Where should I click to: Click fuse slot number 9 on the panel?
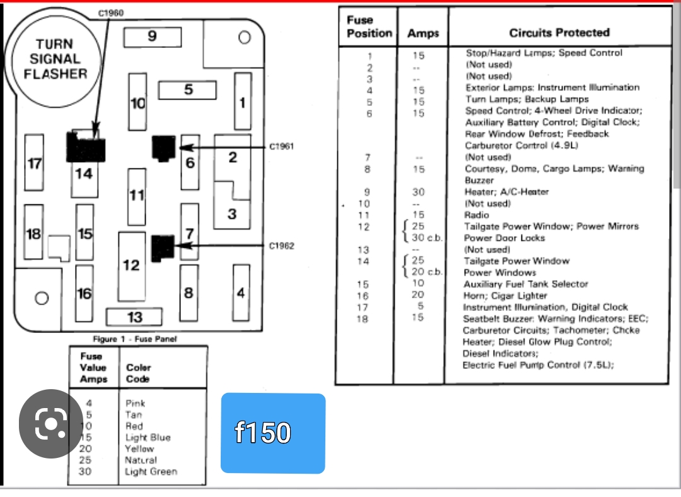(x=151, y=37)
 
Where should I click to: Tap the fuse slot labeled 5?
(x=187, y=90)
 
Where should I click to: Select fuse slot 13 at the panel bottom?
(x=134, y=317)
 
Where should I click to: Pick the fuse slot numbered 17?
(x=35, y=163)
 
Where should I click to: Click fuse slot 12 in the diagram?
(x=132, y=266)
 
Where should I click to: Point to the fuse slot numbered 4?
(x=241, y=293)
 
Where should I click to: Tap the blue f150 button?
(x=272, y=433)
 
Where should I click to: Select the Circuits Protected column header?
(x=559, y=33)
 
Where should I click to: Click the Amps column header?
(x=422, y=33)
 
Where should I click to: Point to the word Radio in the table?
(x=476, y=215)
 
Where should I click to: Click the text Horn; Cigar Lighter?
(x=506, y=296)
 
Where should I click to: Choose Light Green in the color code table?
(x=151, y=472)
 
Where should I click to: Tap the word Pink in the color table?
(x=135, y=403)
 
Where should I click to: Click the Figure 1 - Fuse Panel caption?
(x=135, y=339)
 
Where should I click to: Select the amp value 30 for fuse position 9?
(x=419, y=192)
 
